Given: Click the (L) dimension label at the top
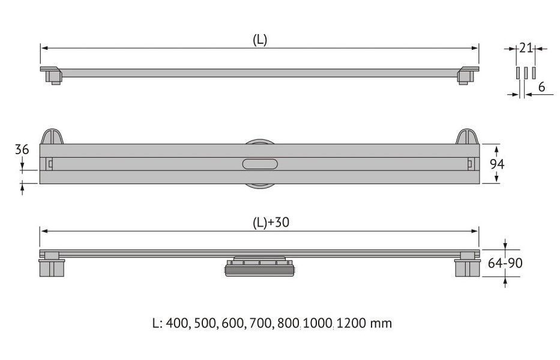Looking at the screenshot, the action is (260, 40).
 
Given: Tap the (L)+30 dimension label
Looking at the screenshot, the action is (271, 223).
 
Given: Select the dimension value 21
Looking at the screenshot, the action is (526, 48).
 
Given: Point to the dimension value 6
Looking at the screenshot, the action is (541, 87).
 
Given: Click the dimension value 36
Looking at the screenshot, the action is (22, 149).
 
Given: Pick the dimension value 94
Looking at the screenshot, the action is (497, 164).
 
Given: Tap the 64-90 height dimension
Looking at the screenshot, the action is (505, 263).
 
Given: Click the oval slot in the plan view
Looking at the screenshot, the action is (260, 164).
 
